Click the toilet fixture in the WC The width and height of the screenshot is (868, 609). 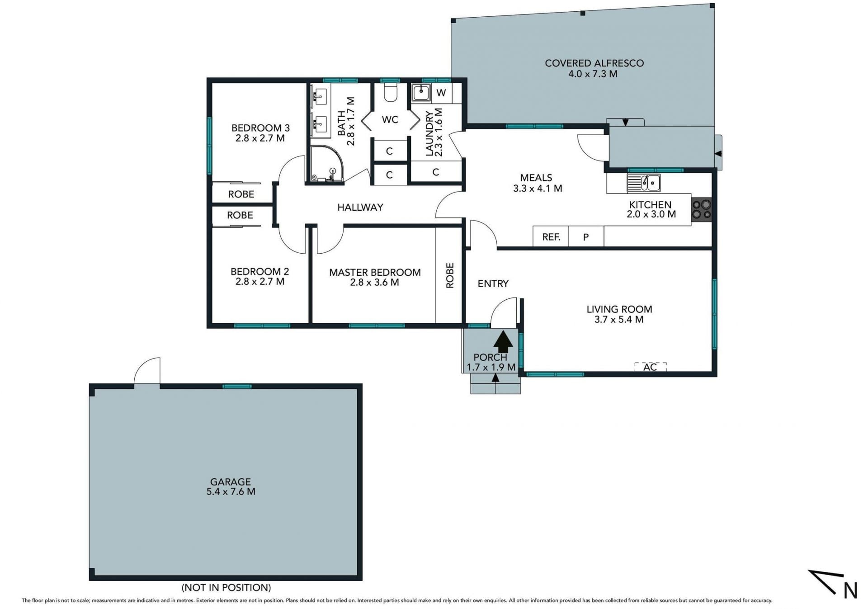click(x=390, y=92)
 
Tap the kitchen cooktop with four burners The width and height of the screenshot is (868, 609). click(x=702, y=210)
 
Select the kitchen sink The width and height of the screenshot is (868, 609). click(x=643, y=183)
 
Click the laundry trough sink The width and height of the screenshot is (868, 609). click(x=421, y=93)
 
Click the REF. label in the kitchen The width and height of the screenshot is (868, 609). click(x=551, y=237)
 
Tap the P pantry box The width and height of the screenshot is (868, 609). click(x=586, y=236)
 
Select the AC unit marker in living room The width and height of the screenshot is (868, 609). click(x=650, y=367)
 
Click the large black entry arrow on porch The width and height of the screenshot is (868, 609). click(x=503, y=341)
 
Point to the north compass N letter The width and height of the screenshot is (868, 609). click(x=850, y=590)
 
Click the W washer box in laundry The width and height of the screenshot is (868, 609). click(x=442, y=93)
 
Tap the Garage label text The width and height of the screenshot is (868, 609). click(x=231, y=482)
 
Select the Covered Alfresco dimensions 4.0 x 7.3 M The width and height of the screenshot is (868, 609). click(x=593, y=74)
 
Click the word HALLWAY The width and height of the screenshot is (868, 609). click(x=360, y=207)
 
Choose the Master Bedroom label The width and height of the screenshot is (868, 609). click(x=375, y=272)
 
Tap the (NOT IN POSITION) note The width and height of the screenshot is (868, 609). click(x=226, y=587)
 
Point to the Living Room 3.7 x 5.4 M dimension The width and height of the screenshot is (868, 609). click(x=619, y=320)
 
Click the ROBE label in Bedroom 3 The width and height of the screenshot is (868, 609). click(x=241, y=194)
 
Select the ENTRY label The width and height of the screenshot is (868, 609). click(x=493, y=283)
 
